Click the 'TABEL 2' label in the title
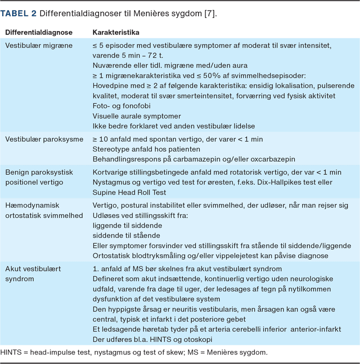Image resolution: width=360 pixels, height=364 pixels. [x=18, y=14]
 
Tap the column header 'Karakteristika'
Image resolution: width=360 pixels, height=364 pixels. [x=116, y=33]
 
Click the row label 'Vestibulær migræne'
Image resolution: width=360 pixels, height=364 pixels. [x=39, y=46]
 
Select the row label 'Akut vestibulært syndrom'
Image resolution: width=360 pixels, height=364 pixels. [x=33, y=274]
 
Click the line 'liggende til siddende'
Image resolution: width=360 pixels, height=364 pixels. [x=127, y=225]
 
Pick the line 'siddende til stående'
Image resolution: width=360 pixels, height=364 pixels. [x=126, y=235]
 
